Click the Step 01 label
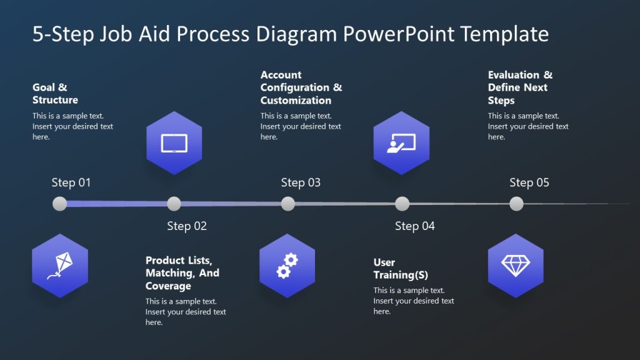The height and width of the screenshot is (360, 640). point(71,182)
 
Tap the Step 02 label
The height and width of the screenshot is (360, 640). point(186,226)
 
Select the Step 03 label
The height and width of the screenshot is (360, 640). point(301,182)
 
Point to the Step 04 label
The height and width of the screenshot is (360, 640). point(414,226)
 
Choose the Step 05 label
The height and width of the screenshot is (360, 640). point(529,182)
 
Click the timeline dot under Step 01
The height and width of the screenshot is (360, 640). point(60,204)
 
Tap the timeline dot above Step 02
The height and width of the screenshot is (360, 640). point(174,204)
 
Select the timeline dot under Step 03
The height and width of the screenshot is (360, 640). point(288,204)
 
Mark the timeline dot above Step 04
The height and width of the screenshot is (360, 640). point(402,204)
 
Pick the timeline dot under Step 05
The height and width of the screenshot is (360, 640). point(516,204)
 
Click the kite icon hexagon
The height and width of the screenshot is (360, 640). point(60,266)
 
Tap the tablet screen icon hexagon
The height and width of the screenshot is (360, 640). point(174,143)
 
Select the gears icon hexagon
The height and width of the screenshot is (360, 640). point(287,266)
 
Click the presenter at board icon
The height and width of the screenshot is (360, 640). point(401,143)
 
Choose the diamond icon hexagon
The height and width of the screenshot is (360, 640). point(516,266)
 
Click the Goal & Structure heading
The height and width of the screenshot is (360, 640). point(55,94)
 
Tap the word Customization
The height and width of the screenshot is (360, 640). point(296,101)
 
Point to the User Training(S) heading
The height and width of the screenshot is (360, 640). point(401,269)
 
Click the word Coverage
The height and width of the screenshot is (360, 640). point(168,286)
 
